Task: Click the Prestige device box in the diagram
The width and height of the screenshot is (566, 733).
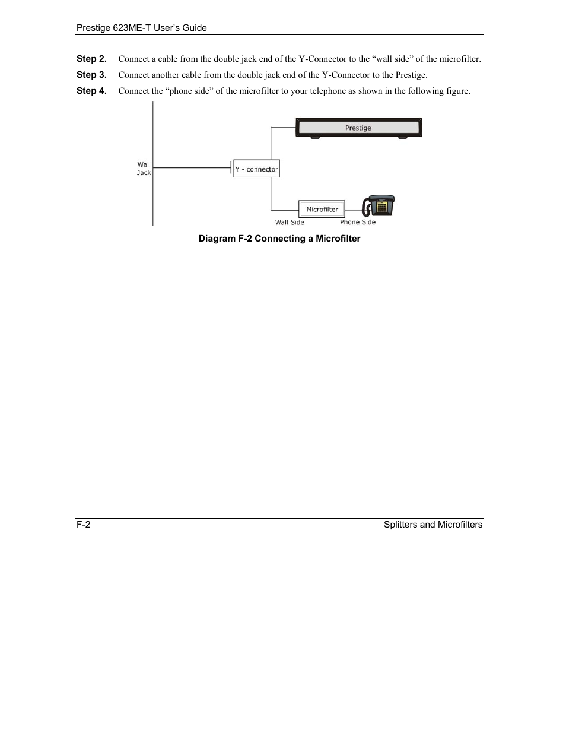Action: (x=358, y=128)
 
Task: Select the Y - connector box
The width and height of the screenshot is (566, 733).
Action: (x=256, y=169)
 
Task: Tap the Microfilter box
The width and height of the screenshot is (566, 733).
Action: (x=322, y=209)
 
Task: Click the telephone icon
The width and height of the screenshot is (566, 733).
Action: (x=379, y=206)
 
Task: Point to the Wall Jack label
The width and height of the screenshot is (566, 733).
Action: (x=144, y=169)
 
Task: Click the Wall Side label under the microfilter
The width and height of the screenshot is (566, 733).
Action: (x=290, y=223)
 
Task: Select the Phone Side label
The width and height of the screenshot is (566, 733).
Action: (x=357, y=223)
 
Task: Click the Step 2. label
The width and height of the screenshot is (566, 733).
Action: (x=91, y=59)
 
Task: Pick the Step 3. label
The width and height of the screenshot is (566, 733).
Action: (x=91, y=75)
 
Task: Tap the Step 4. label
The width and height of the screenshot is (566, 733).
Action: (x=91, y=91)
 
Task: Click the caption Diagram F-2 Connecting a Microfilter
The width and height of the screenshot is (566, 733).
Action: (x=279, y=239)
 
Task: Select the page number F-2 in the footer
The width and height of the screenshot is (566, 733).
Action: (x=83, y=525)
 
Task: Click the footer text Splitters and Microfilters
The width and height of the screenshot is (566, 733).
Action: (x=433, y=525)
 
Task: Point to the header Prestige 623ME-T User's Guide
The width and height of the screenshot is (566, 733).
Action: (x=142, y=28)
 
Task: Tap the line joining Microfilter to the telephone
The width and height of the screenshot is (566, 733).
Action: (x=353, y=210)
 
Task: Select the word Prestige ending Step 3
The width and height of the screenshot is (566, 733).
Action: (x=411, y=75)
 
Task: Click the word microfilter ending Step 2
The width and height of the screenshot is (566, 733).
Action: (x=459, y=59)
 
